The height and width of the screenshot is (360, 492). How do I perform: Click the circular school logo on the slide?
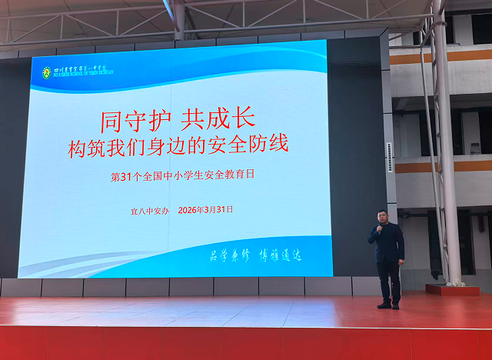click(47, 72)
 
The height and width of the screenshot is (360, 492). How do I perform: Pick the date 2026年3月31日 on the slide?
click(204, 209)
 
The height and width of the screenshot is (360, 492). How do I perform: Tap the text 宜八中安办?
click(148, 209)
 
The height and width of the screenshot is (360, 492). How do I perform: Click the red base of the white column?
click(452, 290)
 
